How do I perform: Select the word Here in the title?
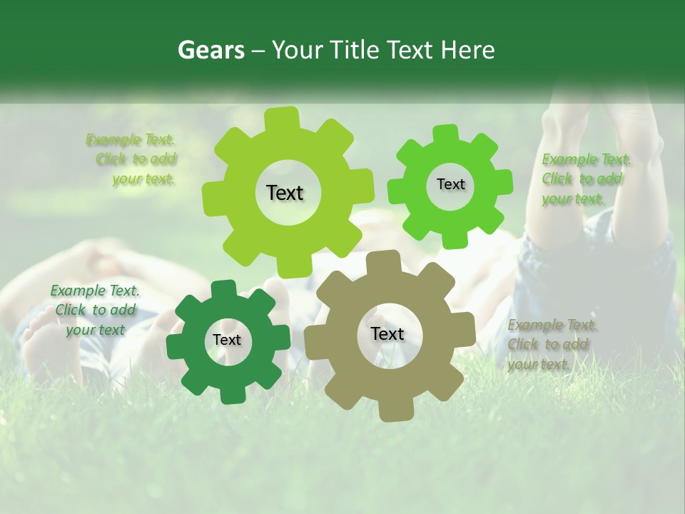(467, 51)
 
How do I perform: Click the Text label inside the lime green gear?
(285, 193)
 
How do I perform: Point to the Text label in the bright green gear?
(450, 184)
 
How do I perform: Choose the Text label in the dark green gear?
(227, 341)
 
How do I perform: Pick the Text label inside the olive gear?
(387, 334)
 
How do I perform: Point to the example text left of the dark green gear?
(95, 310)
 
